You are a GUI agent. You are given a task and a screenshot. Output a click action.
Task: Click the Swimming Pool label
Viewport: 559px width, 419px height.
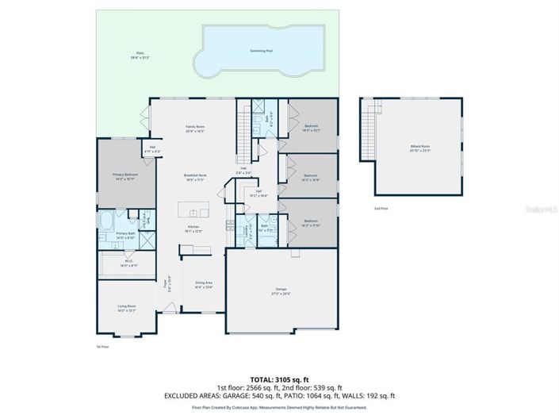pyautogui.click(x=262, y=50)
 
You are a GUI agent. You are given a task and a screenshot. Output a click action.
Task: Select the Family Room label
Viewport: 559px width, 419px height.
pyautogui.click(x=195, y=129)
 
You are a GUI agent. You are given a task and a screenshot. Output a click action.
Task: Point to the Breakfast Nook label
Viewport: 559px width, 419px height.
pyautogui.click(x=195, y=176)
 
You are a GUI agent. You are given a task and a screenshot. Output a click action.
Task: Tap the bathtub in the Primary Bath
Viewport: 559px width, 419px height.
pyautogui.click(x=108, y=221)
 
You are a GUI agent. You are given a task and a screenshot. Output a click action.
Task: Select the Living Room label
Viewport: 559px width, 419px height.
pyautogui.click(x=127, y=307)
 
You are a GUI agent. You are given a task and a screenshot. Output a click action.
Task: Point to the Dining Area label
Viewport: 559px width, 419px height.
pyautogui.click(x=204, y=284)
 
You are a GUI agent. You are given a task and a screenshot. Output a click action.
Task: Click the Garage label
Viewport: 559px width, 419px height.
pyautogui.click(x=281, y=290)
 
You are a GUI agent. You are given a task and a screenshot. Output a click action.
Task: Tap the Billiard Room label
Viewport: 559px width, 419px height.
pyautogui.click(x=419, y=148)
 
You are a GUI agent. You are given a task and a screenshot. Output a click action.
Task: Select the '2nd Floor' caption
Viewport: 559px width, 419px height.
pyautogui.click(x=381, y=209)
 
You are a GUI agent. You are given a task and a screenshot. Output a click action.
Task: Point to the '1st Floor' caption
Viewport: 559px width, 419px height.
pyautogui.click(x=103, y=347)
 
